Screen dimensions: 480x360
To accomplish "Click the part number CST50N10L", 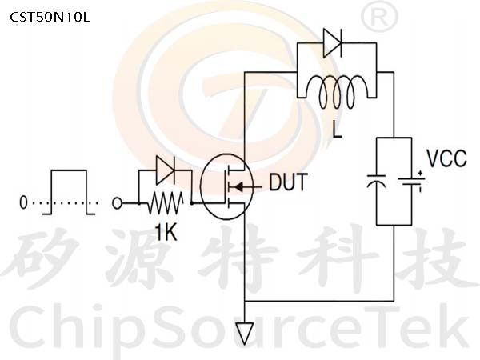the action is (x=50, y=17).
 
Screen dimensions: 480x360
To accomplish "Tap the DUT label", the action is (x=288, y=182).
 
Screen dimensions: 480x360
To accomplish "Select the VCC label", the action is (x=446, y=158).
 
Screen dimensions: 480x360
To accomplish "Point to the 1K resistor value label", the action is (x=166, y=232).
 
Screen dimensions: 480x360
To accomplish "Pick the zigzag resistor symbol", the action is (x=166, y=203).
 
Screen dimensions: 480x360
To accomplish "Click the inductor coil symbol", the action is (x=337, y=91).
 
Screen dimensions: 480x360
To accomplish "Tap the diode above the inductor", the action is (x=333, y=43).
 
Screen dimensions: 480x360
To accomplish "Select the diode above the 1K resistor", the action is (x=166, y=170).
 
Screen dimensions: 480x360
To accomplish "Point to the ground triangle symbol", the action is (x=245, y=334).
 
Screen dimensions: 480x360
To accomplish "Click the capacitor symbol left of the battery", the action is (x=376, y=182).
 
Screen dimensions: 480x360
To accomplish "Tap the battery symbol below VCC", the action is (x=411, y=182).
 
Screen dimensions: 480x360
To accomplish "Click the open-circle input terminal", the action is (x=117, y=203).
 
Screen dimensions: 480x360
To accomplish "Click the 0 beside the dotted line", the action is (x=23, y=202).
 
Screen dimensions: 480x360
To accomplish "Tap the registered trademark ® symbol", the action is (x=379, y=17).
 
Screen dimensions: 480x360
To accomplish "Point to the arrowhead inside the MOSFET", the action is (x=238, y=186).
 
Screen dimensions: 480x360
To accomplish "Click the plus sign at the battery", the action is (x=420, y=173).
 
